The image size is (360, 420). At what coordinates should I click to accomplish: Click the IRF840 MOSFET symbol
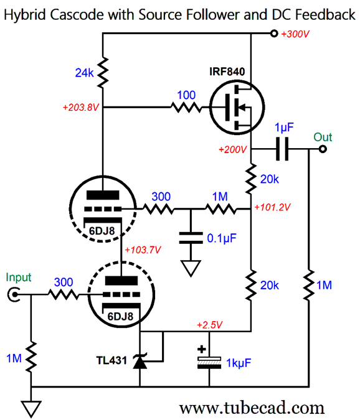237,108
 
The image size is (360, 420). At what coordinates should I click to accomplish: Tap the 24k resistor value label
84,73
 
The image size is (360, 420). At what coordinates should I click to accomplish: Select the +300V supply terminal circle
274,34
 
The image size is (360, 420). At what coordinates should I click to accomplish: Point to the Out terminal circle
323,149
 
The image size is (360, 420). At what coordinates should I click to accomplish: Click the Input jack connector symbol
14,295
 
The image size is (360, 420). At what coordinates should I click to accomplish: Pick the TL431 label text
111,360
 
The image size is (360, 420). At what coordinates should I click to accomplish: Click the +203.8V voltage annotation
81,108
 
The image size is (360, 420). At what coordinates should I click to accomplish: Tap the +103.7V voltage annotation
143,250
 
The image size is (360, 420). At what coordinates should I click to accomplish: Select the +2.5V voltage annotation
210,325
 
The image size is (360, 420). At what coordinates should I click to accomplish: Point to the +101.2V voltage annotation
272,207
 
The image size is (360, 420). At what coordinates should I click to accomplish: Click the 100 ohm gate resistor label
186,95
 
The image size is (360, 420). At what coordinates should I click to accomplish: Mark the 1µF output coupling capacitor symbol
282,149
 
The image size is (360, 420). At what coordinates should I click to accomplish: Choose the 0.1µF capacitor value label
222,238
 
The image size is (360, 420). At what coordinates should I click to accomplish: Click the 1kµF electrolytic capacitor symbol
209,363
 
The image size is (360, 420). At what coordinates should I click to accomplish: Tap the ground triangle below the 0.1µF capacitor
191,268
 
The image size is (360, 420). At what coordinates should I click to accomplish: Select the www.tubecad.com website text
252,408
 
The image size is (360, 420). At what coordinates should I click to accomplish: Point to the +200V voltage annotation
233,149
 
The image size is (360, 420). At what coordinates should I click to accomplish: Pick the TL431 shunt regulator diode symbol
140,362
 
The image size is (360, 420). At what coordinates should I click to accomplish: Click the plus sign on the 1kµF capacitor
202,349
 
